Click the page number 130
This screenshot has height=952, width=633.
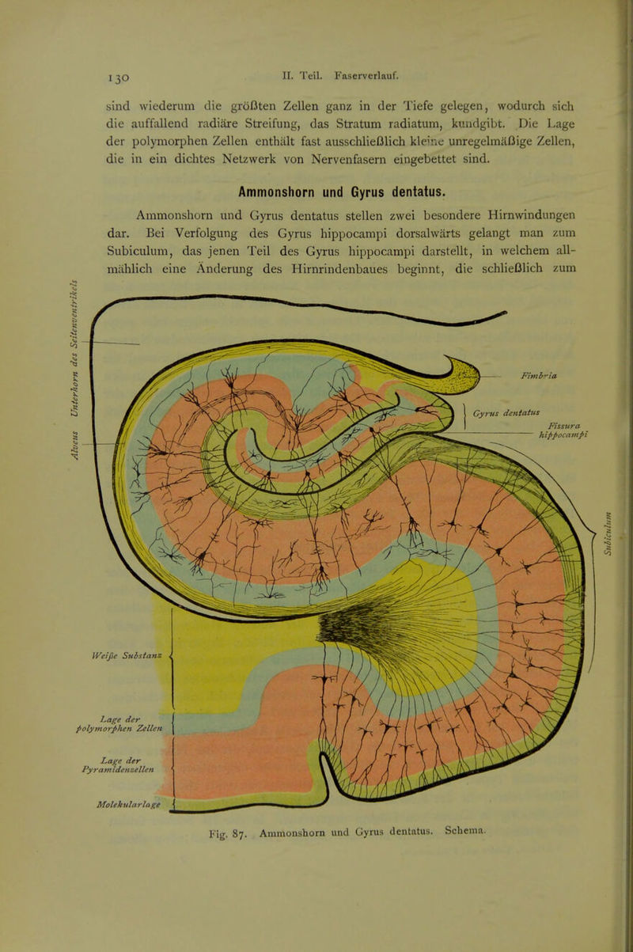coord(118,78)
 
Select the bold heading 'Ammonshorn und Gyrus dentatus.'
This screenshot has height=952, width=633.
coord(342,192)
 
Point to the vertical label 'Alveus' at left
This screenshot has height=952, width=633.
coord(74,444)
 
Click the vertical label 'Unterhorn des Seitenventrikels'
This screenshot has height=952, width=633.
coord(74,347)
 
